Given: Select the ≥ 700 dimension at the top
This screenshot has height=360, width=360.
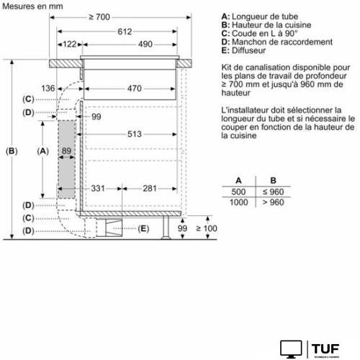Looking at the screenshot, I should point(119,17).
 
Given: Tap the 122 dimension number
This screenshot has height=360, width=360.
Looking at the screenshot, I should point(69,45).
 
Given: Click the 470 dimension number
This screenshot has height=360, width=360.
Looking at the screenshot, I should point(130,89).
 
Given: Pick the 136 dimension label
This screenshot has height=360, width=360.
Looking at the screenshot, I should point(48,89).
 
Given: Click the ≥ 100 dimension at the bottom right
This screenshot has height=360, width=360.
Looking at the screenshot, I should point(206,228).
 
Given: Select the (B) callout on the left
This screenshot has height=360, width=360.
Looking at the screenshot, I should point(11,151).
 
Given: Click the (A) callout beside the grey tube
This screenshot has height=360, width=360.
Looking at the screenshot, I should point(42,151).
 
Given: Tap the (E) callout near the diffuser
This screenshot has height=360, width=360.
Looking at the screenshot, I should point(144,229).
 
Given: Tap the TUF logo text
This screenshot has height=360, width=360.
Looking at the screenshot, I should point(328,347).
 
